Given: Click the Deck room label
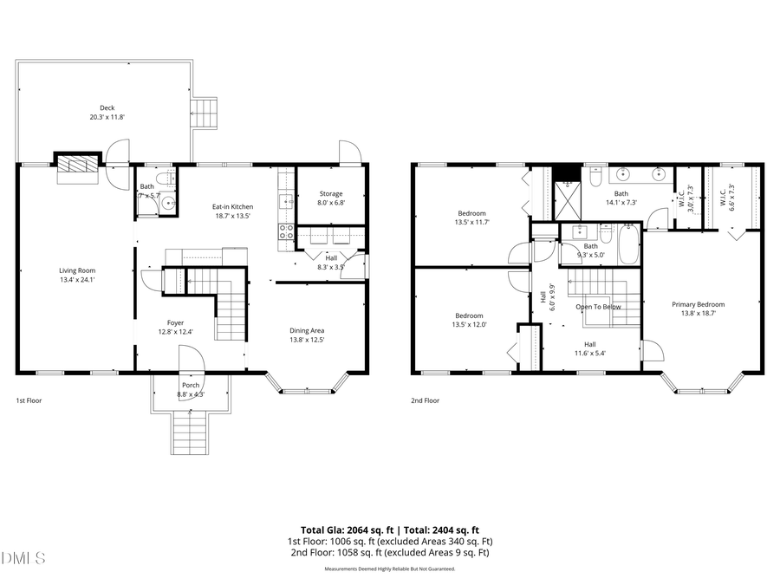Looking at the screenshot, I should tap(107, 108).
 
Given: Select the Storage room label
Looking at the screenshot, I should tap(331, 194).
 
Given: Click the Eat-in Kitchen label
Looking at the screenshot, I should tap(233, 206).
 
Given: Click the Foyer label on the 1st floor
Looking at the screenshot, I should tap(175, 322).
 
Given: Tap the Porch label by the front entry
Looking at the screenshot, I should tap(190, 385).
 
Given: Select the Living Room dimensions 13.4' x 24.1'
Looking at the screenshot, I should tap(76, 280).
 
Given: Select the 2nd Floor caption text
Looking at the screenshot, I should tap(425, 401).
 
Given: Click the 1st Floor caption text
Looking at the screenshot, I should tap(29, 401).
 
